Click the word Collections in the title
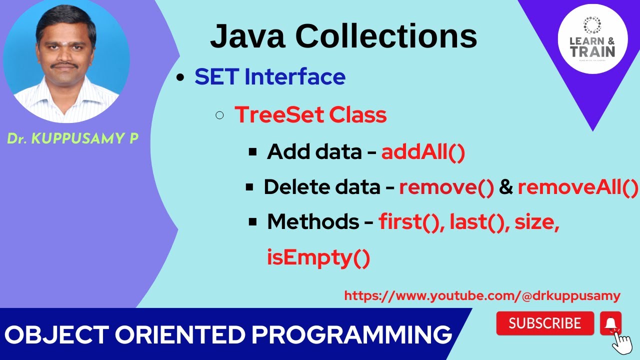(386, 36)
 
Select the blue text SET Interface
(270, 77)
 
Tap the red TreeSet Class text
(310, 115)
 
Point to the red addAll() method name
(423, 152)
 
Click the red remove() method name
(446, 187)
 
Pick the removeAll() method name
(578, 187)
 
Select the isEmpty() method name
(318, 257)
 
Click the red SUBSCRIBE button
(544, 323)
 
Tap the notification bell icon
(610, 323)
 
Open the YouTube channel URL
(482, 296)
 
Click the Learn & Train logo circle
(592, 38)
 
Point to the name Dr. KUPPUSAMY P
(72, 139)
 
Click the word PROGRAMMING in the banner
(352, 334)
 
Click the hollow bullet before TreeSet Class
(219, 116)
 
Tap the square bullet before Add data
(252, 151)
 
